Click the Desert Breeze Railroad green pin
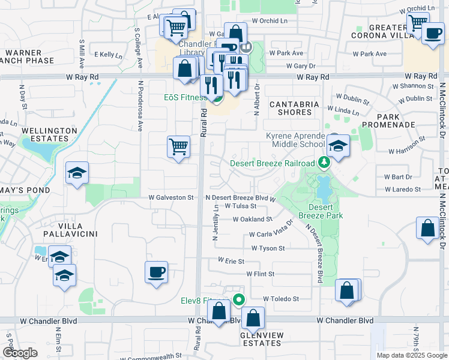[325, 163]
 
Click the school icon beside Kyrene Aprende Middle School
[339, 147]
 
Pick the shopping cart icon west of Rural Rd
[179, 147]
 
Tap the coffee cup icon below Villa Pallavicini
[157, 272]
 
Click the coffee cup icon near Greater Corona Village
[433, 32]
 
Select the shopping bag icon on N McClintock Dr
[427, 229]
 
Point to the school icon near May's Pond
[77, 173]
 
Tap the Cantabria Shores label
[294, 108]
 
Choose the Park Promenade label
[396, 121]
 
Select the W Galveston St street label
[172, 197]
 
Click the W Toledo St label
[281, 299]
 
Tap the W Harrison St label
[406, 152]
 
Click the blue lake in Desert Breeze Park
[324, 189]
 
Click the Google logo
[20, 353]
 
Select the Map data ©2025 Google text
[411, 355]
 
